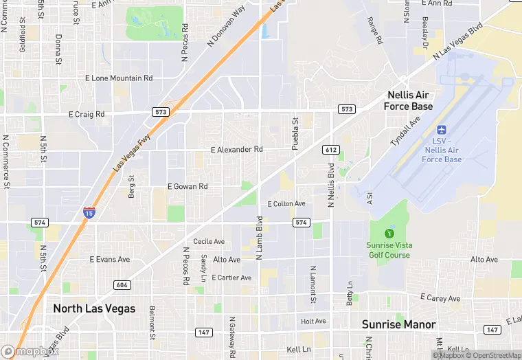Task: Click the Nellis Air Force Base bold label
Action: tap(410, 100)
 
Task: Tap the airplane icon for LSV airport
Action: tap(442, 130)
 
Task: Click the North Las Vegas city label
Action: tap(94, 308)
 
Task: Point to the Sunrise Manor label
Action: tap(399, 324)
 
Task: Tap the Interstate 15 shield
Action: tap(89, 213)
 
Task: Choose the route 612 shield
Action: tap(330, 149)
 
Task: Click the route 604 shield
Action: tap(122, 284)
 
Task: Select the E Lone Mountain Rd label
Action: tap(118, 78)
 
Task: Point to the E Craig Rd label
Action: tap(87, 114)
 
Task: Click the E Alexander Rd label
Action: tap(236, 149)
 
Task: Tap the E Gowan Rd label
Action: tap(188, 186)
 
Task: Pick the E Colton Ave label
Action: tap(286, 203)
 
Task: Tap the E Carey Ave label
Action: tap(440, 299)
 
